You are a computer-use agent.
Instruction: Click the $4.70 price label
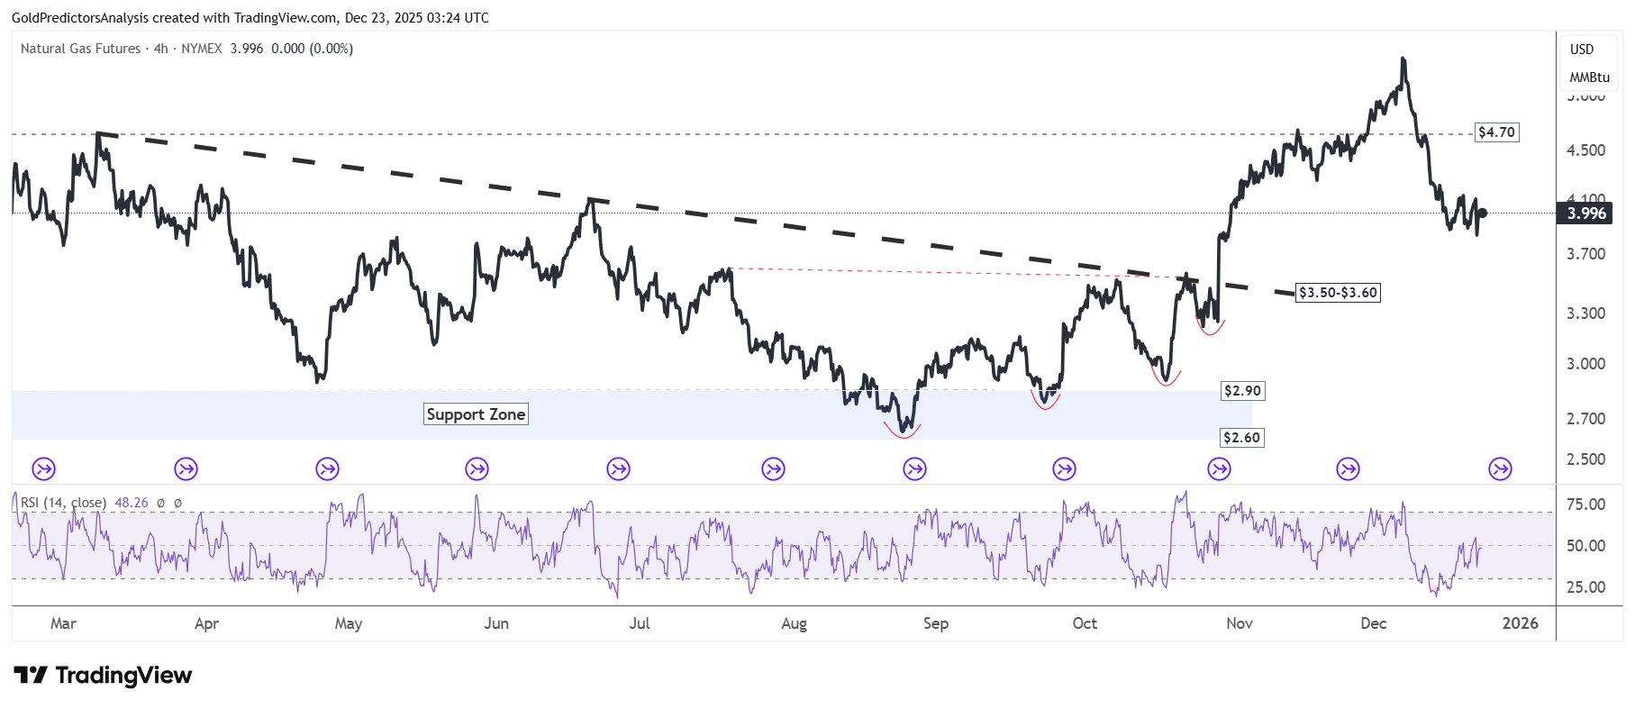click(1496, 132)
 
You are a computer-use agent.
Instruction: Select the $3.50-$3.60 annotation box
click(1338, 293)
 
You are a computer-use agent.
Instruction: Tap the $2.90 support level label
click(1242, 391)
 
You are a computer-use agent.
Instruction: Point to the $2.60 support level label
click(1241, 438)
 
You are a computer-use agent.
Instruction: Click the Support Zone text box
click(476, 414)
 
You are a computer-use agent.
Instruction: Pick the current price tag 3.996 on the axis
click(1586, 214)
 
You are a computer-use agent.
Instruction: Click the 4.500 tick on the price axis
click(1585, 150)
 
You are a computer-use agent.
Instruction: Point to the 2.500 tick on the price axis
click(1585, 459)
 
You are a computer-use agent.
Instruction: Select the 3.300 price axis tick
click(1585, 314)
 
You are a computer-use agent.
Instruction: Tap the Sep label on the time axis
click(935, 623)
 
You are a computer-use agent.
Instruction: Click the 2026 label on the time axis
click(1520, 623)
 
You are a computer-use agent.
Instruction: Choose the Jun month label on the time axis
click(496, 623)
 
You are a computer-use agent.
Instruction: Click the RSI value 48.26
click(132, 503)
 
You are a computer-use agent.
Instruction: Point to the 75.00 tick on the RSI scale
click(1585, 504)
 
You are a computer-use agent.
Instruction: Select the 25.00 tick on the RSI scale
click(1585, 587)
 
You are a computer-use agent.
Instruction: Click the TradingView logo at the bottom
click(103, 676)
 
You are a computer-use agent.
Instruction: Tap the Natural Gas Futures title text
click(80, 49)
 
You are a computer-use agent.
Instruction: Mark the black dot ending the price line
click(1482, 214)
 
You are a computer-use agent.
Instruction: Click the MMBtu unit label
click(1589, 77)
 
